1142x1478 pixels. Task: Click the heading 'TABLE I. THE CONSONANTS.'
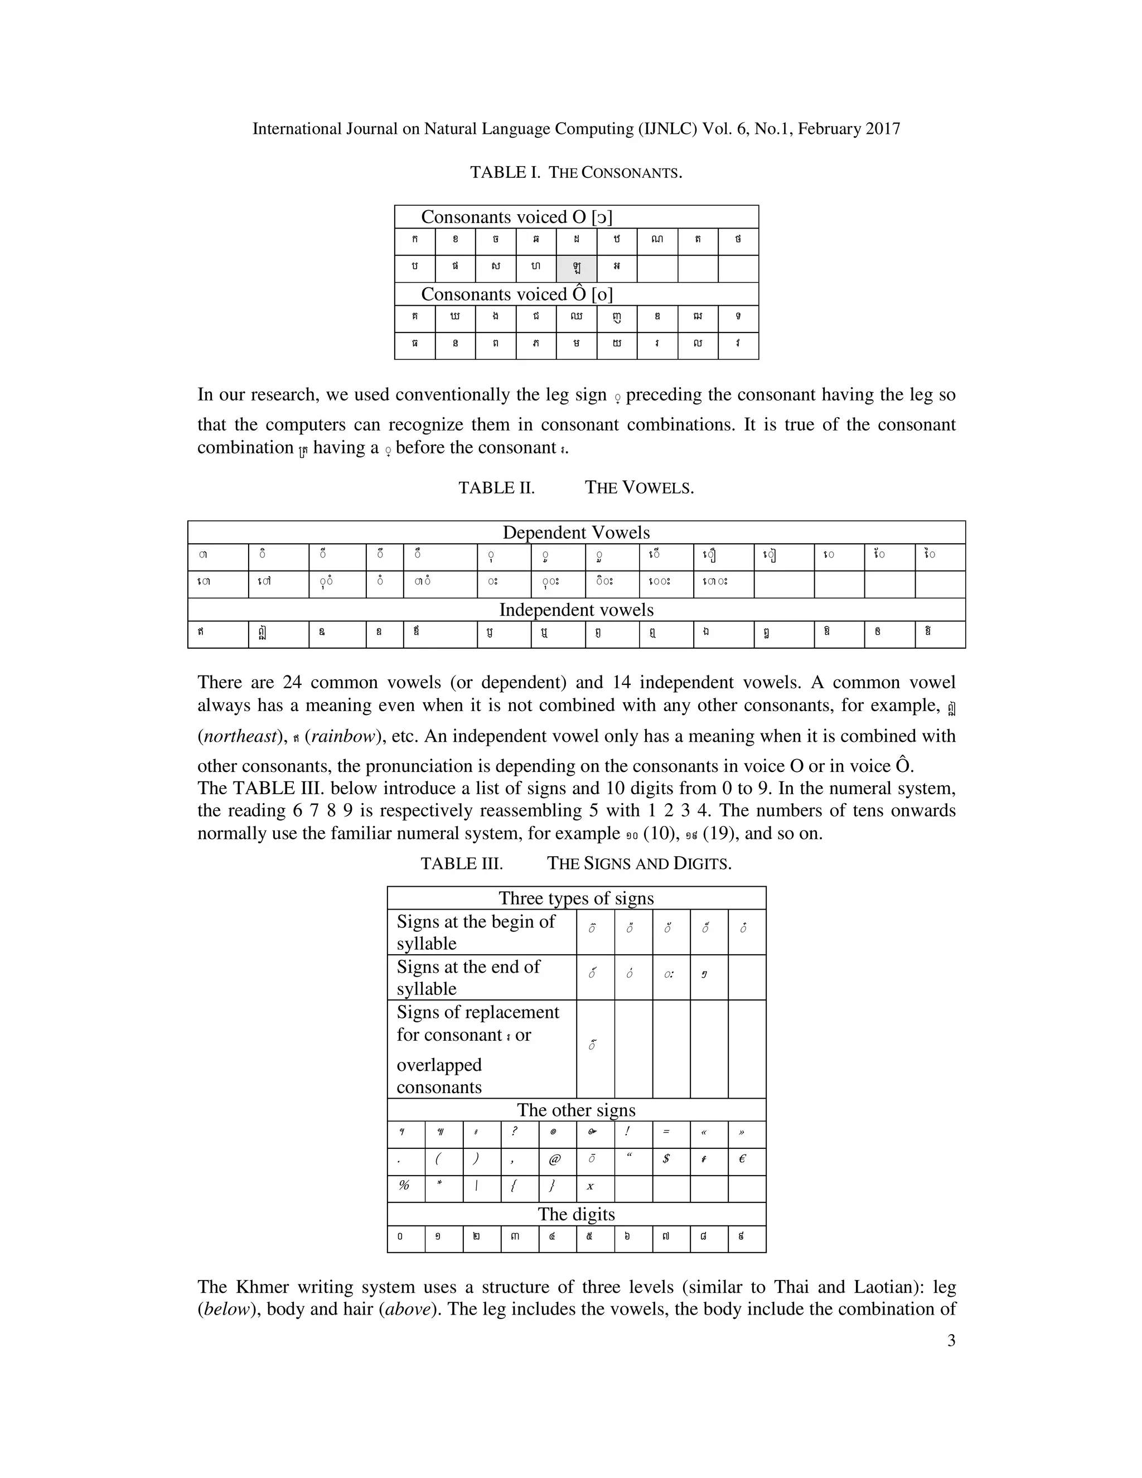(x=575, y=172)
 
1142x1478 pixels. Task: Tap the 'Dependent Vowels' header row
(x=575, y=533)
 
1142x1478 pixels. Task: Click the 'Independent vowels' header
(x=575, y=610)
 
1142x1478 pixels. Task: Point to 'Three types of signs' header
(x=575, y=898)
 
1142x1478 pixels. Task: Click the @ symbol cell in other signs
(x=555, y=1160)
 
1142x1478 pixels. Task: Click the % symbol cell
(x=405, y=1186)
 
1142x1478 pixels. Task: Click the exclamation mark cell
(x=628, y=1132)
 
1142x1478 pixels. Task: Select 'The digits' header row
(x=575, y=1214)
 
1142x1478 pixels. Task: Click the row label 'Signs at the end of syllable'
(x=468, y=977)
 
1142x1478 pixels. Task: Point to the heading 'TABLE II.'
(x=497, y=488)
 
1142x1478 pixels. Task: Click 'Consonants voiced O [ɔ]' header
(x=516, y=217)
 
